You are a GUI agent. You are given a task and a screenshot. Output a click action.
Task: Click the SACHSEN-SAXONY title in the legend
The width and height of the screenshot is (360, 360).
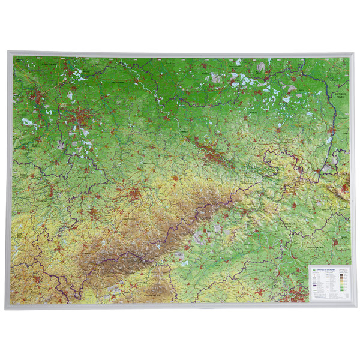pos(323,270)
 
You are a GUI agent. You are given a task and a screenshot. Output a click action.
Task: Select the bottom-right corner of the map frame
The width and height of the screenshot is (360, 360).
pos(353,307)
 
